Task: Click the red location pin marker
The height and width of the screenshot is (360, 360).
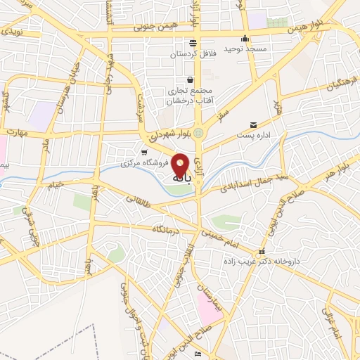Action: click(x=181, y=165)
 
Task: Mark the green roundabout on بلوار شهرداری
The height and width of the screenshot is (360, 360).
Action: click(x=198, y=133)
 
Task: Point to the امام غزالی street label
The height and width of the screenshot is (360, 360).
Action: click(x=330, y=321)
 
